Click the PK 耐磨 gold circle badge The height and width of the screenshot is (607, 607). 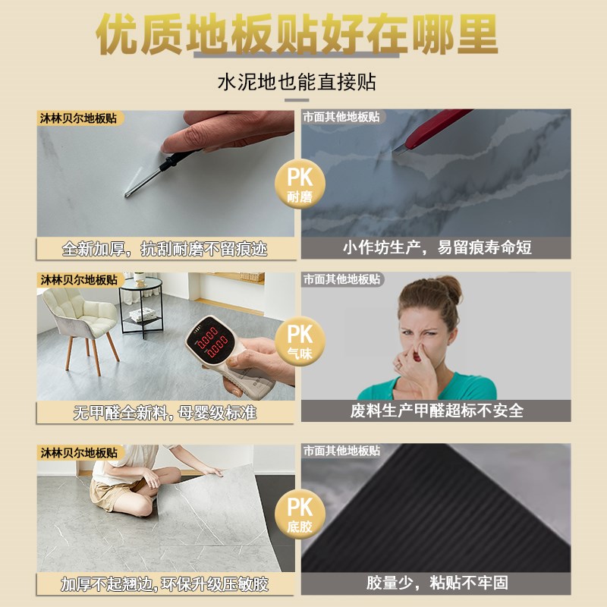pyautogui.click(x=299, y=185)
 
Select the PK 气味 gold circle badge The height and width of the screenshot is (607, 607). pyautogui.click(x=299, y=338)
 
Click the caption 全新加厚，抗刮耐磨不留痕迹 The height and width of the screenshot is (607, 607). pyautogui.click(x=165, y=248)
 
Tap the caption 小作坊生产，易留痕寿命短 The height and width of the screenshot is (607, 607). pyautogui.click(x=436, y=248)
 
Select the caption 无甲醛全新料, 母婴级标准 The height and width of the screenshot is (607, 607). pyautogui.click(x=165, y=412)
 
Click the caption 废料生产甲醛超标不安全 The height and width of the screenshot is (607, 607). pyautogui.click(x=436, y=410)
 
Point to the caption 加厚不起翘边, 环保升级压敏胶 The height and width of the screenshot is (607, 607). pyautogui.click(x=165, y=583)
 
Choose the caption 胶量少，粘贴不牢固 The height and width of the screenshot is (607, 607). pyautogui.click(x=436, y=583)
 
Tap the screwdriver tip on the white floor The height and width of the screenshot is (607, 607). pyautogui.click(x=130, y=194)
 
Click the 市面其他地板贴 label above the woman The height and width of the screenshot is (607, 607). pyautogui.click(x=342, y=280)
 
